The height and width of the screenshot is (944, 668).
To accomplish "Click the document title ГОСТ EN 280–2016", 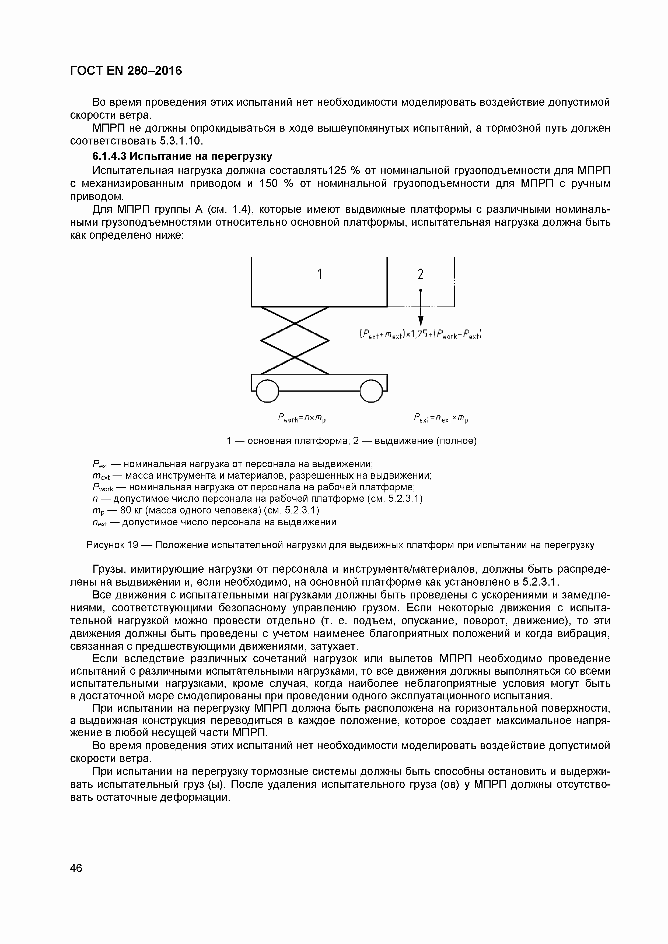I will pyautogui.click(x=126, y=71).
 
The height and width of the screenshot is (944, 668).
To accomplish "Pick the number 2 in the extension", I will pyautogui.click(x=420, y=274).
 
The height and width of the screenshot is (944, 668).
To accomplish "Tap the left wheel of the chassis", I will pyautogui.click(x=267, y=390).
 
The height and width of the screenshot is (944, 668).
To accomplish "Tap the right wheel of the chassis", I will pyautogui.click(x=372, y=390).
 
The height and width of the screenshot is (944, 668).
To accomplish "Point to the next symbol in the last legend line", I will pyautogui.click(x=99, y=523).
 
